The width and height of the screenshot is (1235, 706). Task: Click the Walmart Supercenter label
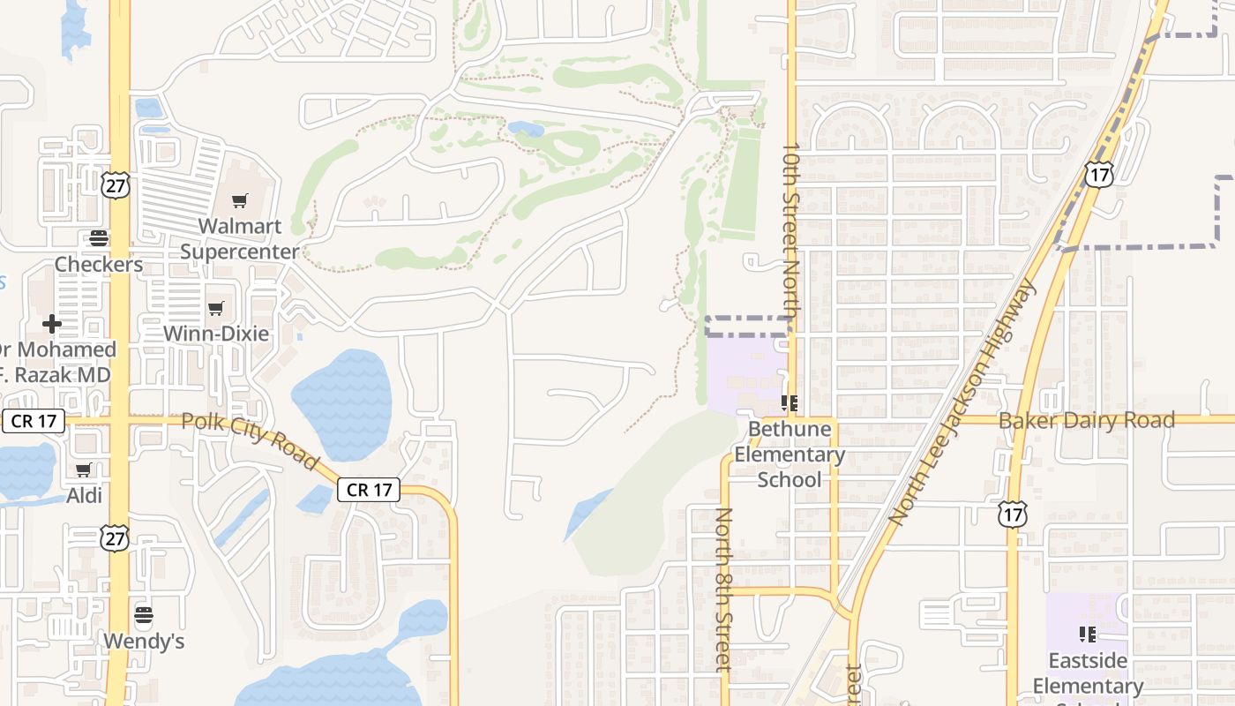[x=240, y=238]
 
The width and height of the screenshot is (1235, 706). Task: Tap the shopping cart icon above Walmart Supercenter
[x=240, y=201]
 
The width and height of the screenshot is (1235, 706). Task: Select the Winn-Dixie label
[x=216, y=334]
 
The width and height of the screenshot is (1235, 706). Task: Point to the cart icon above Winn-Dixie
[x=216, y=308]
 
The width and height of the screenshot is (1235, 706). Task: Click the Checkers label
[x=99, y=264]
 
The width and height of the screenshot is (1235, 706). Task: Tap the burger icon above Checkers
[x=99, y=238]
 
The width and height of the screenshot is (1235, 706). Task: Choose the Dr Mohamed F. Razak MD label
[x=56, y=362]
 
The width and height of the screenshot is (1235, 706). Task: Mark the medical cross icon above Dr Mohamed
[x=52, y=324]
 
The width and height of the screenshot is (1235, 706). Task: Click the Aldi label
[x=85, y=495]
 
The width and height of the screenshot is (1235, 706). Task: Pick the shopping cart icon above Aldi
[x=84, y=469]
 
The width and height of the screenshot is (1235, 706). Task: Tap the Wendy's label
[x=144, y=641]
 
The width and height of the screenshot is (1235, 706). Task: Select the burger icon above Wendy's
[x=144, y=614]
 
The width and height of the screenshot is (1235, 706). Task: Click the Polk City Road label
[x=250, y=440]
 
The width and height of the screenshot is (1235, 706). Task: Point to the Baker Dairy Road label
[x=1087, y=420]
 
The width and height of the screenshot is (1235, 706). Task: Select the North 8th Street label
[x=724, y=589]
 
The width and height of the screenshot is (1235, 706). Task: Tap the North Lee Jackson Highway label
[x=962, y=402]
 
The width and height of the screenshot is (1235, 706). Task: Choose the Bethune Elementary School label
[x=790, y=454]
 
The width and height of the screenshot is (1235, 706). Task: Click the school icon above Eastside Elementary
[x=1087, y=634]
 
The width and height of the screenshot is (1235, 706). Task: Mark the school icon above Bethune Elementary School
[x=790, y=403]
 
